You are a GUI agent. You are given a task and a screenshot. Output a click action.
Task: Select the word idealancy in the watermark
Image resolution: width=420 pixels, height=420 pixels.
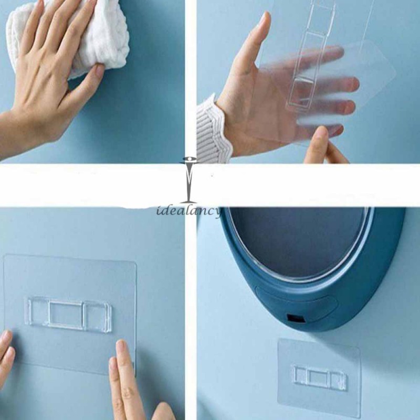pos(189,211)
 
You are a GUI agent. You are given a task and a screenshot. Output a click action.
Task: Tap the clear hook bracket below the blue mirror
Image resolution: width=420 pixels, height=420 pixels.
pos(319,377)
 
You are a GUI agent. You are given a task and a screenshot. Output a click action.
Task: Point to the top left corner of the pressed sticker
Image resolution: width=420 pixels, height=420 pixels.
pos(6,257)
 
